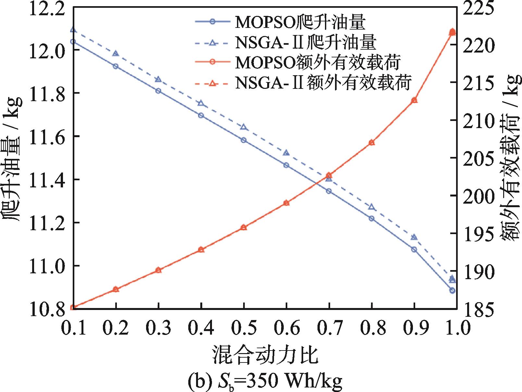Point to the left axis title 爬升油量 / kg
[x=13, y=159]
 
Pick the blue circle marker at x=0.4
[x=201, y=115]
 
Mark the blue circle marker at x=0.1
[x=73, y=42]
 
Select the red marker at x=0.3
[x=158, y=270]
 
